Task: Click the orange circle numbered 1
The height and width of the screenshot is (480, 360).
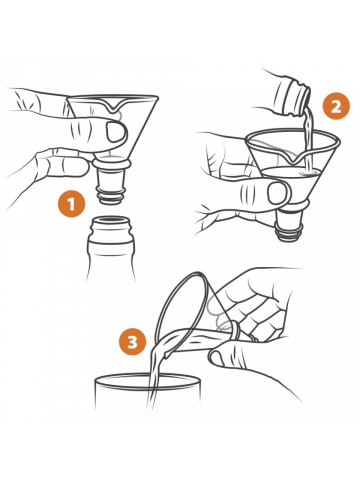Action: (71, 204)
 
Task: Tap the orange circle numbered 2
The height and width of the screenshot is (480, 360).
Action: (336, 107)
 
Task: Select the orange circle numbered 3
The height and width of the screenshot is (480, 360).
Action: (133, 342)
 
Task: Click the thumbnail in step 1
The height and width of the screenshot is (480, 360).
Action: (116, 131)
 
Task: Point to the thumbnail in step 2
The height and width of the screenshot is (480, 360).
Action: (277, 193)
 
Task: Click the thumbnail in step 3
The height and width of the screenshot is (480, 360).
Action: (216, 358)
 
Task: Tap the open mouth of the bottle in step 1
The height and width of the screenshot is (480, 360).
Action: (111, 221)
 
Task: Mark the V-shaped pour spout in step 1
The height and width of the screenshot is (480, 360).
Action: (112, 105)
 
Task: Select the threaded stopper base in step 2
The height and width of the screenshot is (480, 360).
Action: (287, 228)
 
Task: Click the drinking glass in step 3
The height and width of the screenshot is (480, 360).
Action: (148, 393)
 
